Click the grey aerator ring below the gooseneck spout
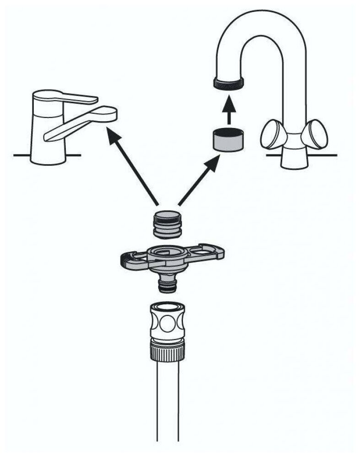(x=229, y=139)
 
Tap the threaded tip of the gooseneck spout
(x=229, y=82)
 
